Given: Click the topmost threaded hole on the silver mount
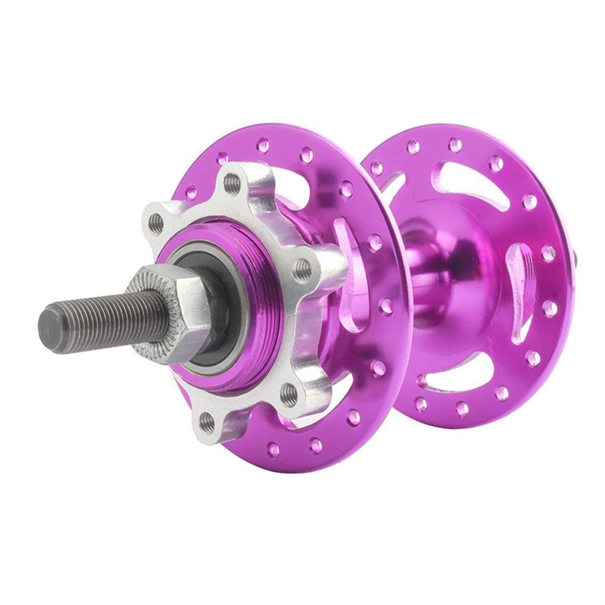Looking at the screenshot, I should point(232,183).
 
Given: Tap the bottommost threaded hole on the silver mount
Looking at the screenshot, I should point(207,422).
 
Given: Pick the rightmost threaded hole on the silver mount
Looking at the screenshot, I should point(303,270).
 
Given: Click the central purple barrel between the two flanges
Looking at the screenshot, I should point(427,279).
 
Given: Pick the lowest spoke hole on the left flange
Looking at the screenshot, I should point(273,449).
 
